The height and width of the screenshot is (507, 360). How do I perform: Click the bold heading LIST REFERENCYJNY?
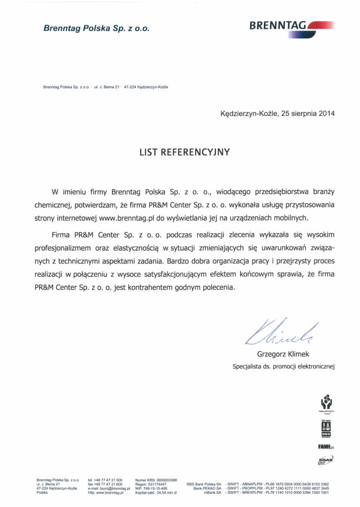pyautogui.click(x=185, y=152)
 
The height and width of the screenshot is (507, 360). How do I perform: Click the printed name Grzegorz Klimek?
pyautogui.click(x=283, y=355)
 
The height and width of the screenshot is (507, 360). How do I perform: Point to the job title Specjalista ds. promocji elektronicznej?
pyautogui.click(x=284, y=367)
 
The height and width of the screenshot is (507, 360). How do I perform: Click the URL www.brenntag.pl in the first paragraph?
pyautogui.click(x=126, y=217)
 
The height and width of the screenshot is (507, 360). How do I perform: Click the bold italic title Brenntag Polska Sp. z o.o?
pyautogui.click(x=96, y=29)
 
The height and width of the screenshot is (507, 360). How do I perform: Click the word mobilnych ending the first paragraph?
pyautogui.click(x=292, y=217)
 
